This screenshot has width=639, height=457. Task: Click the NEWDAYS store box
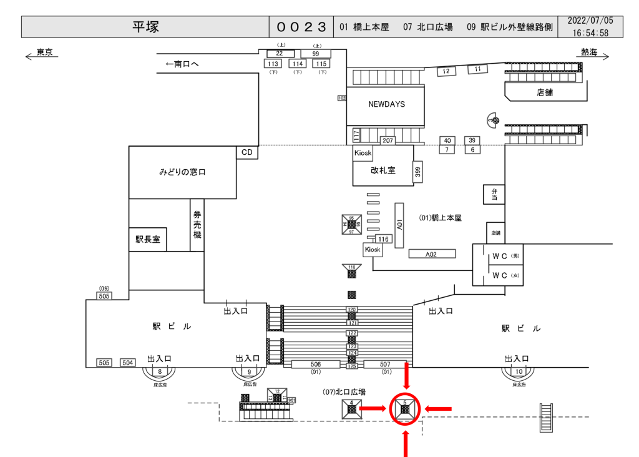386,105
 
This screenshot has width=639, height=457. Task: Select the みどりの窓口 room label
182,172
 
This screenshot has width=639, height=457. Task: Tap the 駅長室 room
148,239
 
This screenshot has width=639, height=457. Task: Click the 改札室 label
383,170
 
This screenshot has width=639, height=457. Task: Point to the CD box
248,152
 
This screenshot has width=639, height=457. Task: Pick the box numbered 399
417,172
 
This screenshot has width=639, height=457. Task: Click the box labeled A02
431,254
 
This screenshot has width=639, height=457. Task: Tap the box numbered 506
315,365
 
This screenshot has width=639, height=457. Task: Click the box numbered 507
385,365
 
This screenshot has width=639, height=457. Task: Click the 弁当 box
494,194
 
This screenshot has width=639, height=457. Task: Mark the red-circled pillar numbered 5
406,409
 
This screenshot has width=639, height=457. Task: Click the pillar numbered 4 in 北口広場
351,409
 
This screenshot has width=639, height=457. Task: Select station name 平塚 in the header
145,27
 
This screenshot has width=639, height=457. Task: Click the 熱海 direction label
588,52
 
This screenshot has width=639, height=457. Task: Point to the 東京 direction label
44,52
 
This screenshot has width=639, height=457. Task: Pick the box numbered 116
383,239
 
